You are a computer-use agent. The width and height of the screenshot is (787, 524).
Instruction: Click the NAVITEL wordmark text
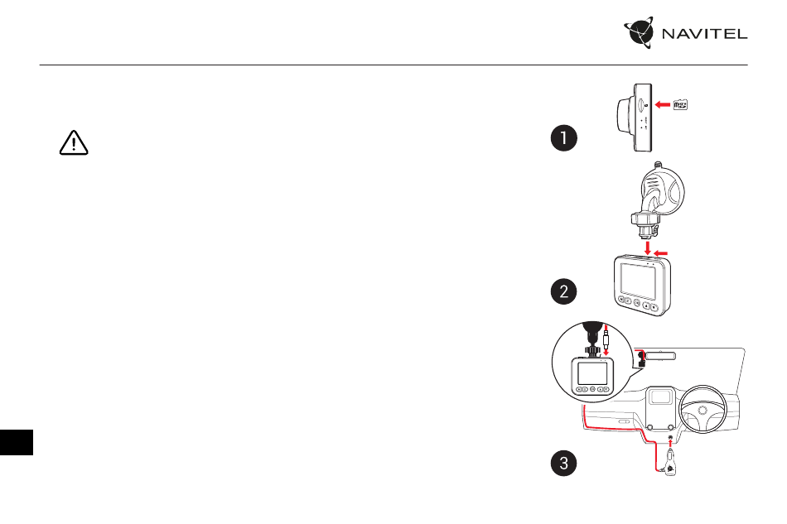[x=704, y=34]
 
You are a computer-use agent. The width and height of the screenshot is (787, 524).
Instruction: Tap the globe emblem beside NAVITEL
[x=640, y=32]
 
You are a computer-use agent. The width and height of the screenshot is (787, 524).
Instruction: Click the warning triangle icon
[x=74, y=142]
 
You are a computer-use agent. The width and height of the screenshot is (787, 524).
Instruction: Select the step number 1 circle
[x=563, y=138]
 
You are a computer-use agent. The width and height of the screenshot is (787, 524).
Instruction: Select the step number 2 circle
[x=563, y=291]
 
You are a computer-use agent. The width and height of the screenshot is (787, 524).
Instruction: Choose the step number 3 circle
[x=563, y=463]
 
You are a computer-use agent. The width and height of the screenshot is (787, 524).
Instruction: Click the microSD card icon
[x=680, y=105]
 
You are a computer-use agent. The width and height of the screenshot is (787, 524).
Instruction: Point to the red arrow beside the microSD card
[x=663, y=105]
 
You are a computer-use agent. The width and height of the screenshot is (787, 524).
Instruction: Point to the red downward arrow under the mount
[x=648, y=248]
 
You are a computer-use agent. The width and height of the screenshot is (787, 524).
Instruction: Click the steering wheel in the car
[x=703, y=409]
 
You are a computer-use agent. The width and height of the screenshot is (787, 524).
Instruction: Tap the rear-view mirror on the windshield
[x=660, y=357]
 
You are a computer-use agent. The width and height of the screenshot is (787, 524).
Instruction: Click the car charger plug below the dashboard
[x=670, y=462]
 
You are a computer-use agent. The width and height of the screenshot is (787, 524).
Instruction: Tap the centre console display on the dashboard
[x=660, y=397]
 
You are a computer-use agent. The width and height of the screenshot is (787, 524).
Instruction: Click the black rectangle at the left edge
[x=17, y=442]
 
